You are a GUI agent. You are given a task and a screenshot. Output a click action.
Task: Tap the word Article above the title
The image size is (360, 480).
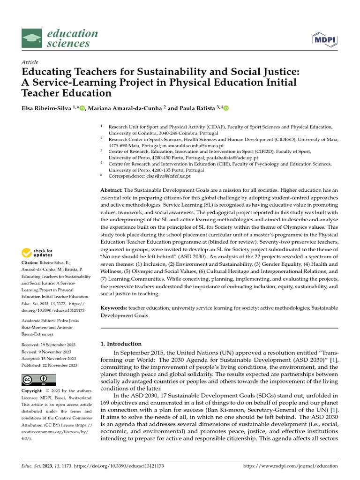(30, 62)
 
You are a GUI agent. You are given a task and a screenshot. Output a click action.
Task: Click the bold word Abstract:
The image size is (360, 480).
(112, 190)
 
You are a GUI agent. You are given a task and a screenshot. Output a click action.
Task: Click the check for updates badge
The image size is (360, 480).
(37, 253)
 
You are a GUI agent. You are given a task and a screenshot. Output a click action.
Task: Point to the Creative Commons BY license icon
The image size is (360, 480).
(38, 379)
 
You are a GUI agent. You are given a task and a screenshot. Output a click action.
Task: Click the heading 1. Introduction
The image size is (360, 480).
(121, 344)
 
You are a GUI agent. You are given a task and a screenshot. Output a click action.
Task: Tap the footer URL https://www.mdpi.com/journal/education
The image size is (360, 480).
(291, 466)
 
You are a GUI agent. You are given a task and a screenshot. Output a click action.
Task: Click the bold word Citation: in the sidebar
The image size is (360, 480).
(30, 263)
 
